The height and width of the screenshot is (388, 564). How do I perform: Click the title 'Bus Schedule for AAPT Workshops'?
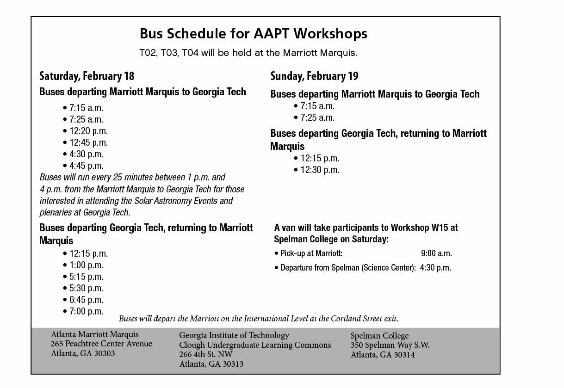click(253, 34)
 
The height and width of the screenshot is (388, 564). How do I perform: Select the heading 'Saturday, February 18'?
click(87, 76)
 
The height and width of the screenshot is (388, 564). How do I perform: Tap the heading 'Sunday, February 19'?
click(314, 76)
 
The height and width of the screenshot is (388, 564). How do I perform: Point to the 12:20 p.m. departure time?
click(88, 131)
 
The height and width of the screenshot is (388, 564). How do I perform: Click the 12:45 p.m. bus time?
click(88, 142)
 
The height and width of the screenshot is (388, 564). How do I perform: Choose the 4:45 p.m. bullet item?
click(86, 166)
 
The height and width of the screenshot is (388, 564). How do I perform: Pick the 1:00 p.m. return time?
click(86, 265)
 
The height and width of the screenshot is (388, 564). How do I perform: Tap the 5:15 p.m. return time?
click(86, 277)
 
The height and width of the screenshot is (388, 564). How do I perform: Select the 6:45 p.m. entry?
click(86, 300)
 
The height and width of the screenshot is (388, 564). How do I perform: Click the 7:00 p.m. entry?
click(86, 311)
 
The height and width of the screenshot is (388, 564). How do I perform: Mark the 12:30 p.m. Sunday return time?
click(320, 170)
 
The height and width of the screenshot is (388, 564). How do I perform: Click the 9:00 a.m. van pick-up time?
click(436, 253)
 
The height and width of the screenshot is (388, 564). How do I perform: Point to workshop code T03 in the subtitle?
click(170, 53)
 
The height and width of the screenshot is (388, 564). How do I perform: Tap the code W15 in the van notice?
click(440, 228)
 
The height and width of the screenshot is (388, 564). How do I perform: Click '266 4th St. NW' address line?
click(206, 354)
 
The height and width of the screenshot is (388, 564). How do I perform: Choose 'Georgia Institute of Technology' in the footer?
click(234, 335)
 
